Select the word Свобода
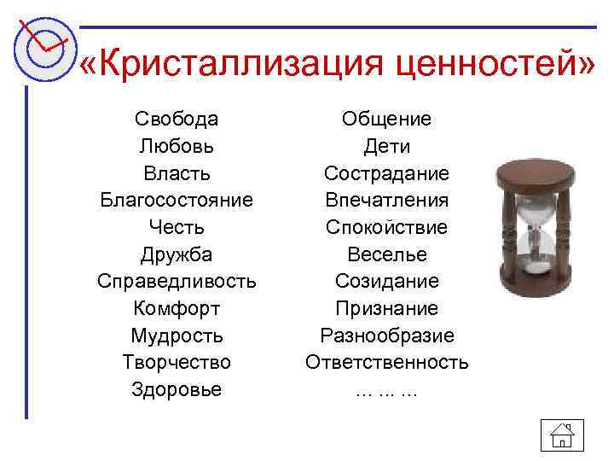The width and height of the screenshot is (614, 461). pyautogui.click(x=177, y=119)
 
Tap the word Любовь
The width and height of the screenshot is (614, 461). pyautogui.click(x=177, y=146)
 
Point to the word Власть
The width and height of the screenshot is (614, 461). pyautogui.click(x=177, y=173)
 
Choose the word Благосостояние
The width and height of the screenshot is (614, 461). pyautogui.click(x=177, y=201)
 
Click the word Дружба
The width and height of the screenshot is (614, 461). pyautogui.click(x=177, y=254)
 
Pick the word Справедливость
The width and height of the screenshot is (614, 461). pyautogui.click(x=177, y=282)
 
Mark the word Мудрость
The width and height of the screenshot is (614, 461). pyautogui.click(x=177, y=336)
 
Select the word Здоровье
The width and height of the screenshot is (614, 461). pyautogui.click(x=177, y=389)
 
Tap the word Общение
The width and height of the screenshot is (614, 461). pyautogui.click(x=386, y=119)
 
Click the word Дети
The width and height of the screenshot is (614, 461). pyautogui.click(x=386, y=146)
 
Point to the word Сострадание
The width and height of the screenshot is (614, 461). pyautogui.click(x=386, y=173)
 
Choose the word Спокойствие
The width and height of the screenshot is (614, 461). pyautogui.click(x=386, y=227)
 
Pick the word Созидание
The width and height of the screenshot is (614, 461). pyautogui.click(x=386, y=282)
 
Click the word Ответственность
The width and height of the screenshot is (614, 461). pyautogui.click(x=386, y=362)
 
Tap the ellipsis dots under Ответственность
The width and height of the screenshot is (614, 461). pyautogui.click(x=386, y=391)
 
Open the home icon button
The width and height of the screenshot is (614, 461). pyautogui.click(x=560, y=435)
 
